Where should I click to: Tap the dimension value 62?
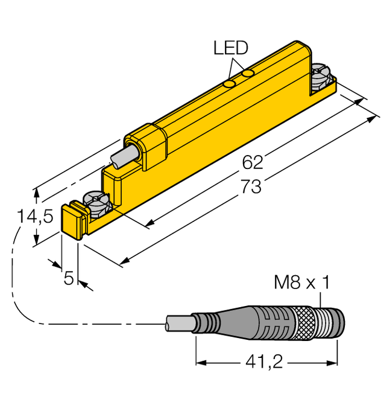(253, 162)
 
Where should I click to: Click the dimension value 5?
(69, 278)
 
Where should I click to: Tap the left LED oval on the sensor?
(230, 84)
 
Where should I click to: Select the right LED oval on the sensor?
(248, 74)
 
